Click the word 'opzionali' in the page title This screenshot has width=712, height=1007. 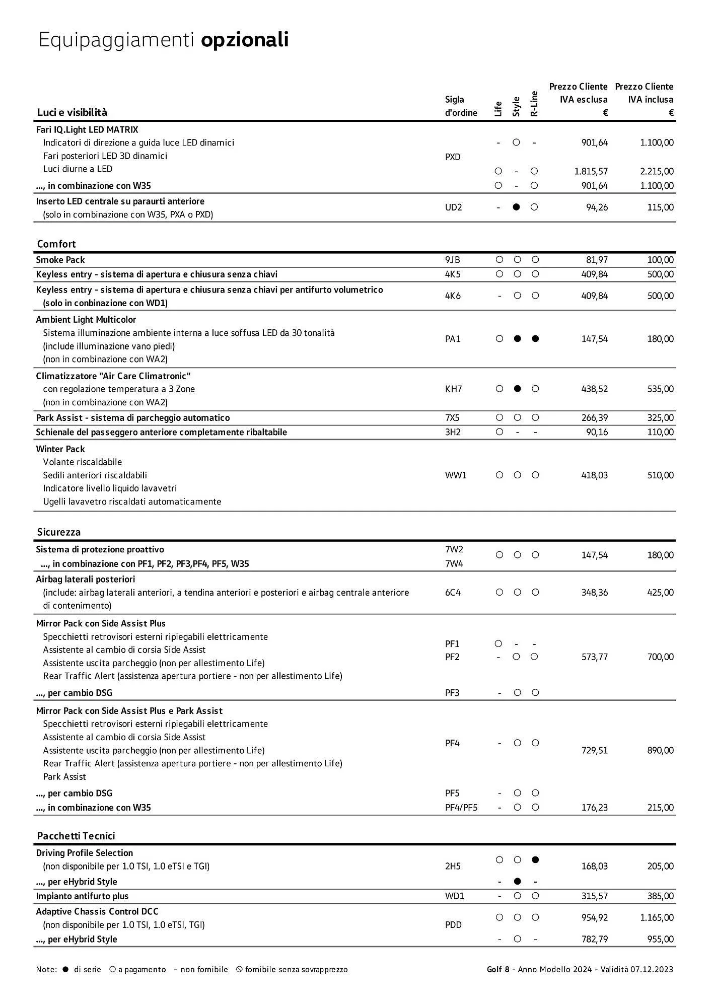pyautogui.click(x=245, y=40)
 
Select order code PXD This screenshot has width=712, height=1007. pyautogui.click(x=453, y=157)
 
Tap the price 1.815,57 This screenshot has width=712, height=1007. pyautogui.click(x=591, y=171)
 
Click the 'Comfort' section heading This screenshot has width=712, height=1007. pyautogui.click(x=56, y=244)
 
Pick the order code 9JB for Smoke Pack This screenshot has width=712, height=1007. pyautogui.click(x=452, y=260)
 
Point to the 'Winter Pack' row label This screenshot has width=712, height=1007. pyautogui.click(x=60, y=449)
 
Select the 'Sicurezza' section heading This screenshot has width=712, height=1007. pyautogui.click(x=59, y=532)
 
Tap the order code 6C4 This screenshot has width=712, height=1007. pyautogui.click(x=453, y=593)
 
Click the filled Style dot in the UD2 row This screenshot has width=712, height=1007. pyautogui.click(x=516, y=207)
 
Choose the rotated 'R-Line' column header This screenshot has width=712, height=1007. pyautogui.click(x=534, y=104)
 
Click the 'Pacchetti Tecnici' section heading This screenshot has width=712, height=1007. pyautogui.click(x=76, y=836)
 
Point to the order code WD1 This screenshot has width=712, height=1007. pyautogui.click(x=455, y=896)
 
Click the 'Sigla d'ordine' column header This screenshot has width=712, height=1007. pyautogui.click(x=461, y=106)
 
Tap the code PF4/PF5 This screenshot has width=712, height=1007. pyautogui.click(x=461, y=808)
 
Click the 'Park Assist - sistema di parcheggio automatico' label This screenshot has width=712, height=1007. pyautogui.click(x=133, y=418)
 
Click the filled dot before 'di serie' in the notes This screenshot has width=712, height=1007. pyautogui.click(x=65, y=969)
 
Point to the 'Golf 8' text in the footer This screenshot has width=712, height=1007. pyautogui.click(x=498, y=969)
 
